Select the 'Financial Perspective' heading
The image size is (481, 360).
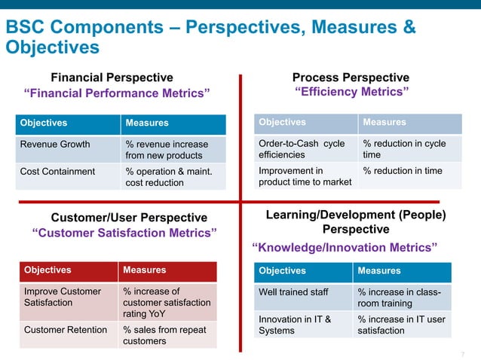coord(112,77)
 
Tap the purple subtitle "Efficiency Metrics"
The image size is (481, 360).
coord(351,92)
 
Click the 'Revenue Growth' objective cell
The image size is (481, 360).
coord(55,145)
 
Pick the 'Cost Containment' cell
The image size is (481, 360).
coord(57,171)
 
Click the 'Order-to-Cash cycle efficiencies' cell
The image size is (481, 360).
coord(302,149)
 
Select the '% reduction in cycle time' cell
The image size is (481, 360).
coord(404,149)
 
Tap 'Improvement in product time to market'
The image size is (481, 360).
coord(305,176)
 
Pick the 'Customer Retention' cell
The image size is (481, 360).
coord(65,329)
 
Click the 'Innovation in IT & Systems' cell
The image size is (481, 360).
coord(295,325)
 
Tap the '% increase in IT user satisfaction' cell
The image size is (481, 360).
coord(401,325)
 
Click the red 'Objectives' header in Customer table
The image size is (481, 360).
coord(47,270)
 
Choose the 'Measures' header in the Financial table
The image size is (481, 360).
coord(147,123)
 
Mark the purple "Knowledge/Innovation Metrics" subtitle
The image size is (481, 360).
coord(344,247)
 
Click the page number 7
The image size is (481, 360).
coord(463,354)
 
